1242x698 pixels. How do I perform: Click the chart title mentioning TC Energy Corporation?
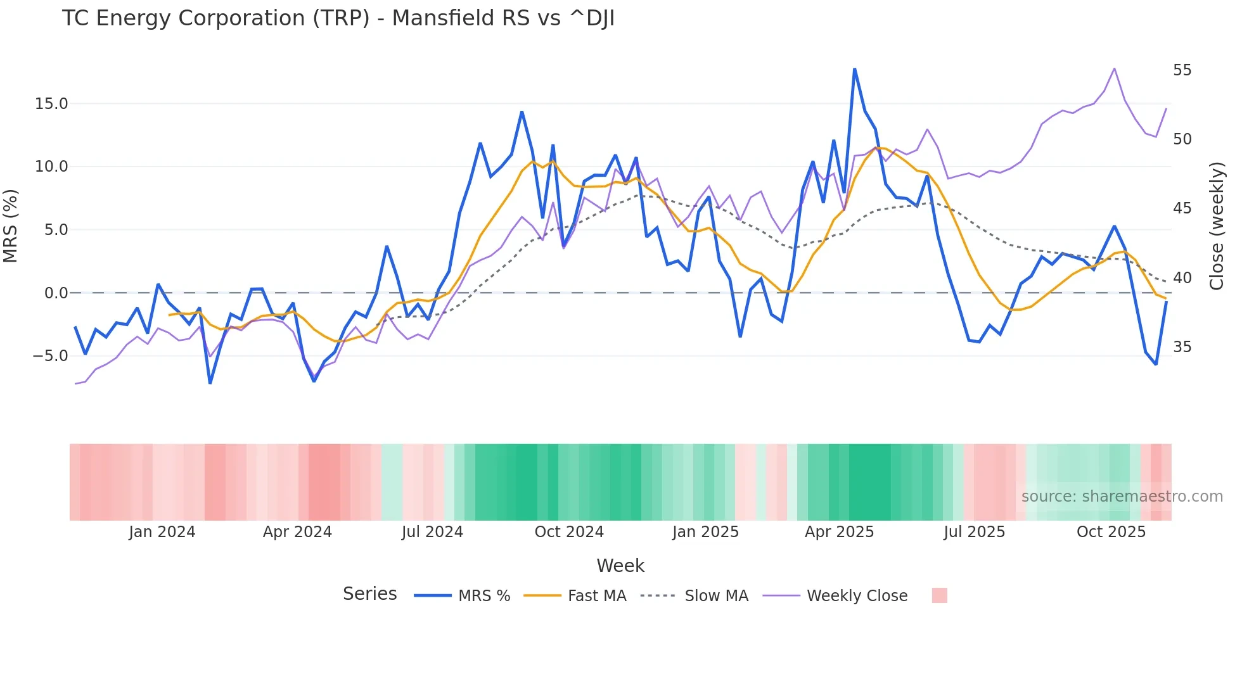[338, 18]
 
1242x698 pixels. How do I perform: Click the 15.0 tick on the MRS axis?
[51, 104]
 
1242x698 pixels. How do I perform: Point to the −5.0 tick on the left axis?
[50, 356]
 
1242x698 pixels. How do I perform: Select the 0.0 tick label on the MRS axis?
[56, 293]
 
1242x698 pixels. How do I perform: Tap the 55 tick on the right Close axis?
[1182, 70]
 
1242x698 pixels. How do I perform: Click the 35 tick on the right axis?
[1182, 347]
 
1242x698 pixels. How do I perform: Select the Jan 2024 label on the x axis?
[162, 532]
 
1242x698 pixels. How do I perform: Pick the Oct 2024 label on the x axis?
[569, 532]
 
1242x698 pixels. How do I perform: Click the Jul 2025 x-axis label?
[974, 532]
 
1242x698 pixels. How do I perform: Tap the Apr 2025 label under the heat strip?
[839, 532]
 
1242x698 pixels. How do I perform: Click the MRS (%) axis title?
[11, 226]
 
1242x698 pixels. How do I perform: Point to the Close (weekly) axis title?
[1216, 226]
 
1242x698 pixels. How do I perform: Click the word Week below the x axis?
[620, 566]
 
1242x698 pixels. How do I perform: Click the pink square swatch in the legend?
[939, 595]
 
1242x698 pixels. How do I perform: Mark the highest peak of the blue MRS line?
[854, 69]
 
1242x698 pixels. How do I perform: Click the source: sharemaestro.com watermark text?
[1122, 497]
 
